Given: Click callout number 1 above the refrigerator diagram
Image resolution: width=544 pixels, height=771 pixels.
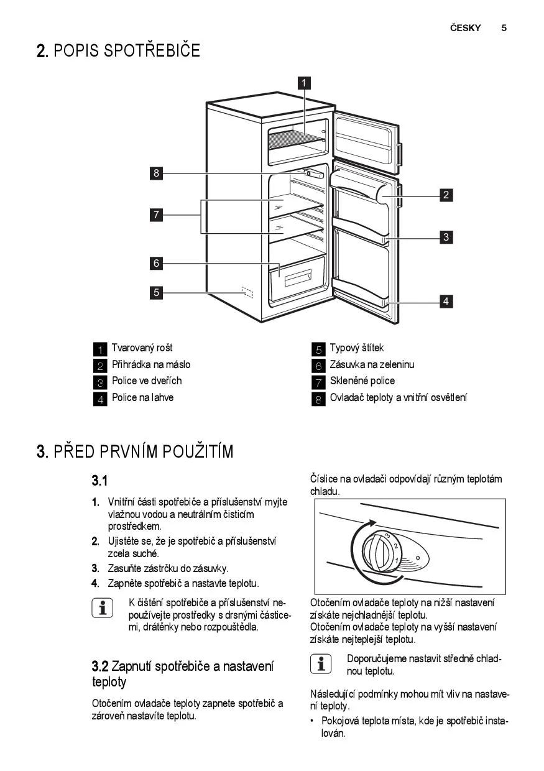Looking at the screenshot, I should pyautogui.click(x=304, y=83).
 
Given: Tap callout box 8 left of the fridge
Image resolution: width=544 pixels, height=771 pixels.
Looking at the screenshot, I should pyautogui.click(x=157, y=173).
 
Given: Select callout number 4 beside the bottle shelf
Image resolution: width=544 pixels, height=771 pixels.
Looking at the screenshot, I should pyautogui.click(x=446, y=302).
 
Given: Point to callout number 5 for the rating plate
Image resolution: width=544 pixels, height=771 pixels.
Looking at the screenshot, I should pyautogui.click(x=157, y=292).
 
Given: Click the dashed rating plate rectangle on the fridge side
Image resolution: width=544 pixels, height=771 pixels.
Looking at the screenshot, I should pyautogui.click(x=247, y=292).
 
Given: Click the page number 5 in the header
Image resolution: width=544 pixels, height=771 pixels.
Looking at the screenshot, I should pyautogui.click(x=504, y=28).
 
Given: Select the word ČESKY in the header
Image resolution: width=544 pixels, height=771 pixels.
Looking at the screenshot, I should pyautogui.click(x=465, y=28).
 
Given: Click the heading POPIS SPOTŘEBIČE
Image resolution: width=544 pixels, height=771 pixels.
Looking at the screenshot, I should pyautogui.click(x=127, y=51).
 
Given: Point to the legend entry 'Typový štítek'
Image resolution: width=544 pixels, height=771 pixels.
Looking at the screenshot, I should pyautogui.click(x=356, y=348).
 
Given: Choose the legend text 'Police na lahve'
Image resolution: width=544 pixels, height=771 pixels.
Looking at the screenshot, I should pyautogui.click(x=142, y=398).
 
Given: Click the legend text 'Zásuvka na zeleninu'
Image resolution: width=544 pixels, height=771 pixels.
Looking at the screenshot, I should pyautogui.click(x=371, y=365).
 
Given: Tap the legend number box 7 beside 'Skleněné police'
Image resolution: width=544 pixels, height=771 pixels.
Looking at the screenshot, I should pyautogui.click(x=318, y=382).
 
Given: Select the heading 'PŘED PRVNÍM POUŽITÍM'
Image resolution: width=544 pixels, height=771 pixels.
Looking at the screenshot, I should pyautogui.click(x=144, y=451).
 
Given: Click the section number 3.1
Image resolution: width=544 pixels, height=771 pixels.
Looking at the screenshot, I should pyautogui.click(x=100, y=481).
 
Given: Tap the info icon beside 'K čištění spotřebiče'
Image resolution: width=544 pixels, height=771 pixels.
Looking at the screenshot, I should pyautogui.click(x=102, y=607).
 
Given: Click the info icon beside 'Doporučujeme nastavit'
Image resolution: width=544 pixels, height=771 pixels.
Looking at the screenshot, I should pyautogui.click(x=320, y=663).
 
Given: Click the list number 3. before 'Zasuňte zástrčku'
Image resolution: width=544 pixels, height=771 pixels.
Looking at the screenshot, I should pyautogui.click(x=96, y=568).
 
